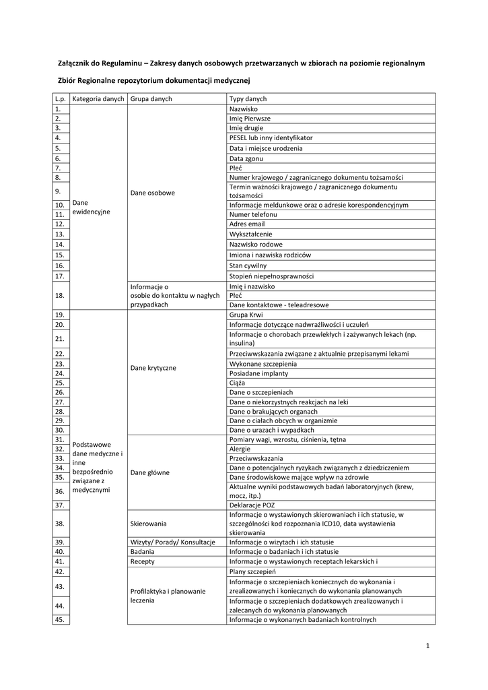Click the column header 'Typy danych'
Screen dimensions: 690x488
[248, 99]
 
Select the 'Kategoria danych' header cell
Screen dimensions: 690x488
[98, 99]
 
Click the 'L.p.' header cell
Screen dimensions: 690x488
[61, 99]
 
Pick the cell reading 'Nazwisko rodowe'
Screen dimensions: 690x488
[256, 245]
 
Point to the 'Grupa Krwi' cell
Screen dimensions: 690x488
[246, 315]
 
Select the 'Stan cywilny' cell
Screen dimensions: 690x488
[248, 266]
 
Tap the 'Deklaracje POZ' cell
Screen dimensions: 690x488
[252, 505]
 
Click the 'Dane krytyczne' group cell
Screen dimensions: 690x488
[153, 368]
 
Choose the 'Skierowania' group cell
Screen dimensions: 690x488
[149, 524]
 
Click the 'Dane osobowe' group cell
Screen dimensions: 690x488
[153, 193]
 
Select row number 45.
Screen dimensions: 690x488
[61, 620]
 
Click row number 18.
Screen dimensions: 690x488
[61, 295]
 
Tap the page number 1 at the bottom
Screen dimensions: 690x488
[427, 646]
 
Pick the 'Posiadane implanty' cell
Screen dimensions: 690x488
[258, 373]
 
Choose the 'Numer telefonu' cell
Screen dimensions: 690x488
[253, 214]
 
